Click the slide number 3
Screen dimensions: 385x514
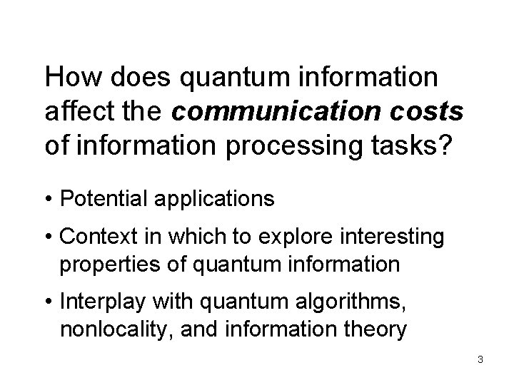[480, 359]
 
